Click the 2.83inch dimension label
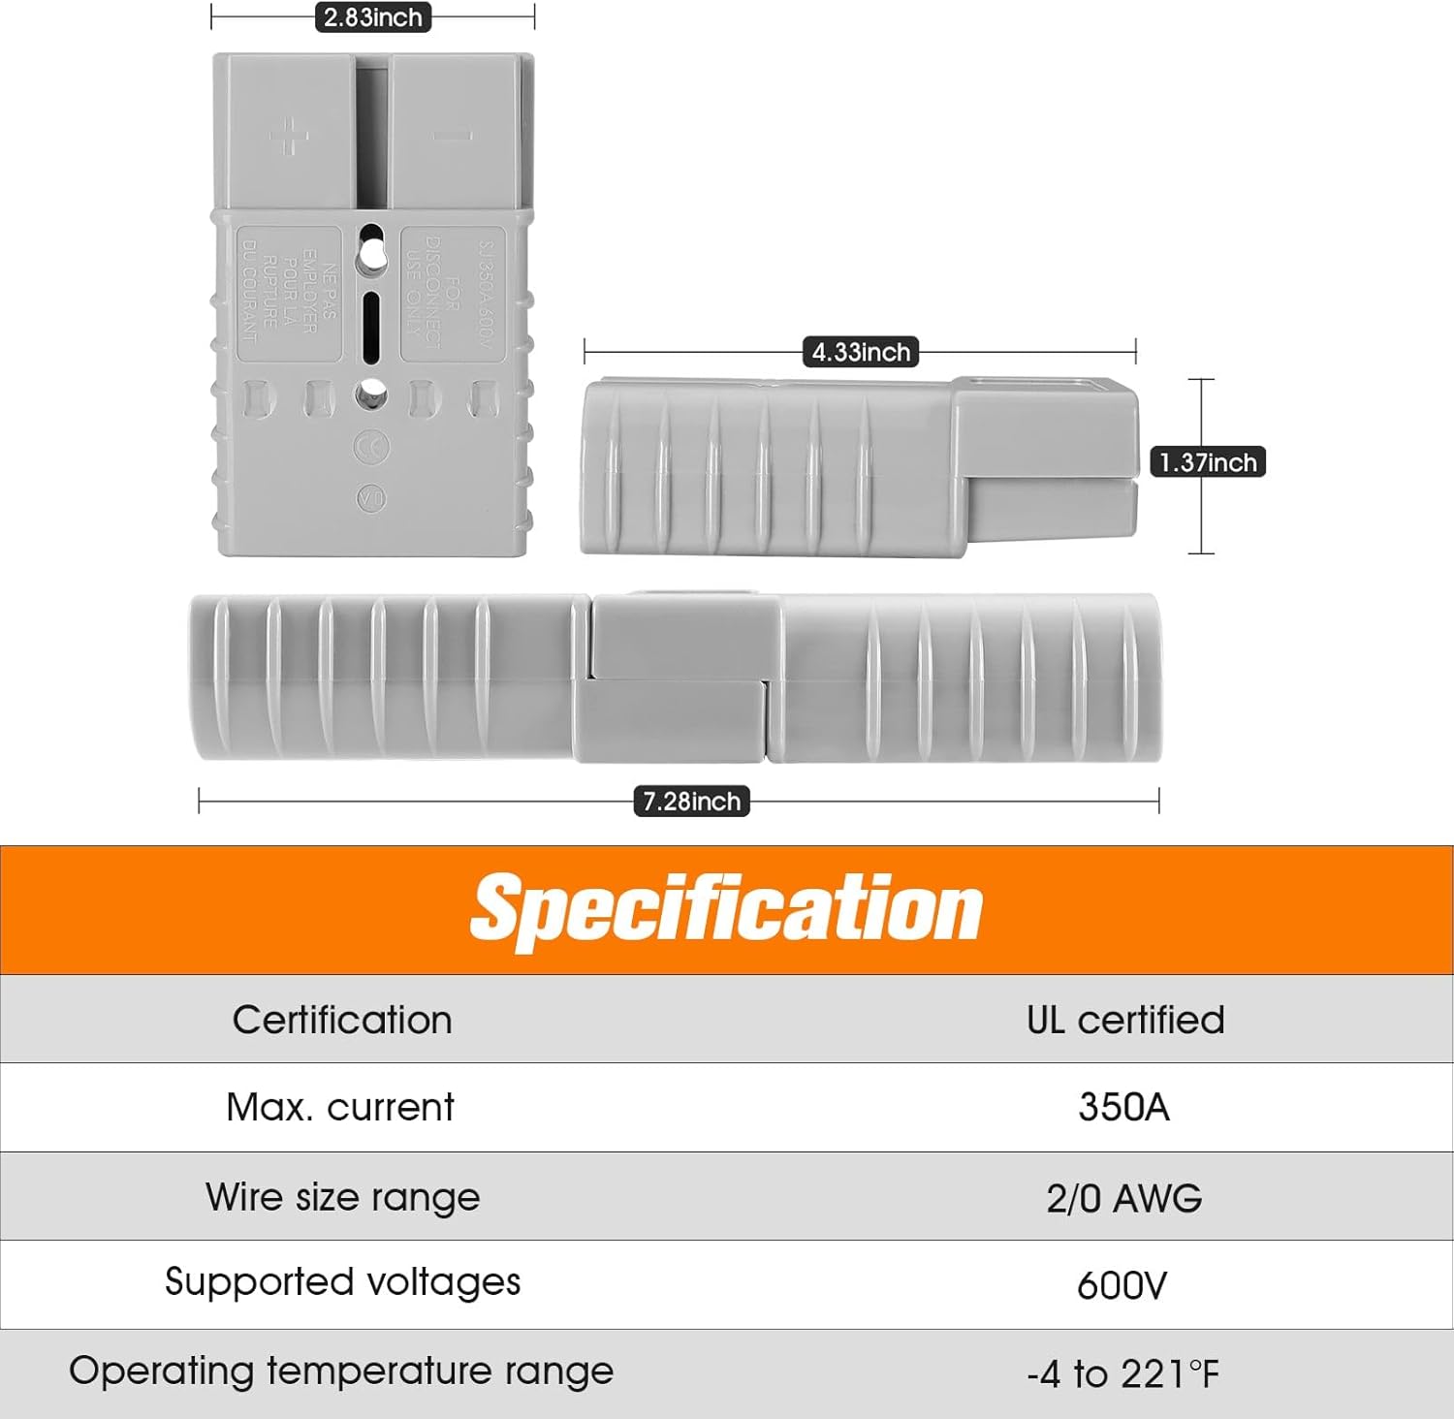pyautogui.click(x=373, y=17)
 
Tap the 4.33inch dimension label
pyautogui.click(x=861, y=352)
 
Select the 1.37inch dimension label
pyautogui.click(x=1208, y=462)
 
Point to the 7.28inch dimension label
pyautogui.click(x=691, y=802)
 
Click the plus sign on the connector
pyautogui.click(x=288, y=136)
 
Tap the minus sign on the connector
pyautogui.click(x=452, y=136)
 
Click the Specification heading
pyautogui.click(x=726, y=908)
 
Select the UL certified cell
pyautogui.click(x=1124, y=1020)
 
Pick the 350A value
pyautogui.click(x=1123, y=1107)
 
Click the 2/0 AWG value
pyautogui.click(x=1123, y=1199)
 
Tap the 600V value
pyautogui.click(x=1122, y=1286)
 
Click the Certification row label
pyautogui.click(x=342, y=1020)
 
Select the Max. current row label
pyautogui.click(x=340, y=1107)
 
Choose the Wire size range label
pyautogui.click(x=342, y=1197)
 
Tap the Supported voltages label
pyautogui.click(x=342, y=1282)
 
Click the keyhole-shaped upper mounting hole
pyautogui.click(x=371, y=251)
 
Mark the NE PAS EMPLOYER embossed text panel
pyautogui.click(x=290, y=294)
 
